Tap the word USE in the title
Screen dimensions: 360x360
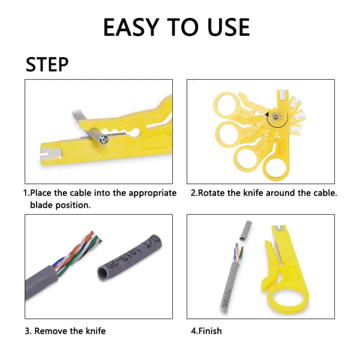(x=225, y=28)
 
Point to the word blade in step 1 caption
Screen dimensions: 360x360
(x=42, y=205)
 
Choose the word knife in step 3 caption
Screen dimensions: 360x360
(x=96, y=331)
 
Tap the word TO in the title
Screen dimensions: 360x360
(x=182, y=28)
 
